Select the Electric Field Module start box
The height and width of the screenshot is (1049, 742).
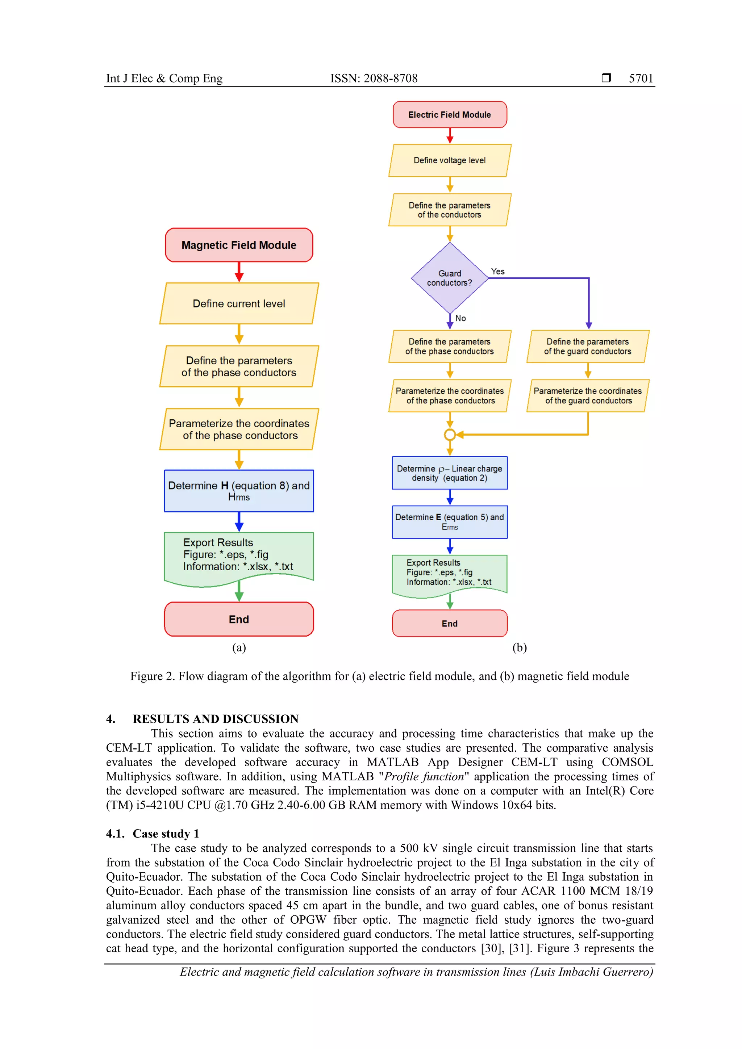449,115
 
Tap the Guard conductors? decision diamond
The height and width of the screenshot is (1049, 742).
449,278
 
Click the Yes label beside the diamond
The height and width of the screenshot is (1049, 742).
497,271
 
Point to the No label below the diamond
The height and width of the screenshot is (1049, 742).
460,318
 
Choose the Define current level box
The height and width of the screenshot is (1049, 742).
239,303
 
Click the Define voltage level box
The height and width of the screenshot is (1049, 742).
449,160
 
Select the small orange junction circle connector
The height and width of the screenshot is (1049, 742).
449,435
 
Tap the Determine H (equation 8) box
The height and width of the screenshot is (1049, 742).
239,491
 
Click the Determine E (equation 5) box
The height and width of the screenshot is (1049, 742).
449,522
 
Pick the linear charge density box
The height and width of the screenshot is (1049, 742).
449,473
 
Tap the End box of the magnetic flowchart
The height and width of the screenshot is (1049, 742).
239,619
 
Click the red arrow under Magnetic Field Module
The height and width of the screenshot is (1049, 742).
239,272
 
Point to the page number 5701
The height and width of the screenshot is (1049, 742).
641,78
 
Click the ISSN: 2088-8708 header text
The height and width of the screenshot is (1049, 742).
374,78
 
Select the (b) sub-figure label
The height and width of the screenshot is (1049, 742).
519,647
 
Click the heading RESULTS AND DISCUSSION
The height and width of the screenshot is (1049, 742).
215,719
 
